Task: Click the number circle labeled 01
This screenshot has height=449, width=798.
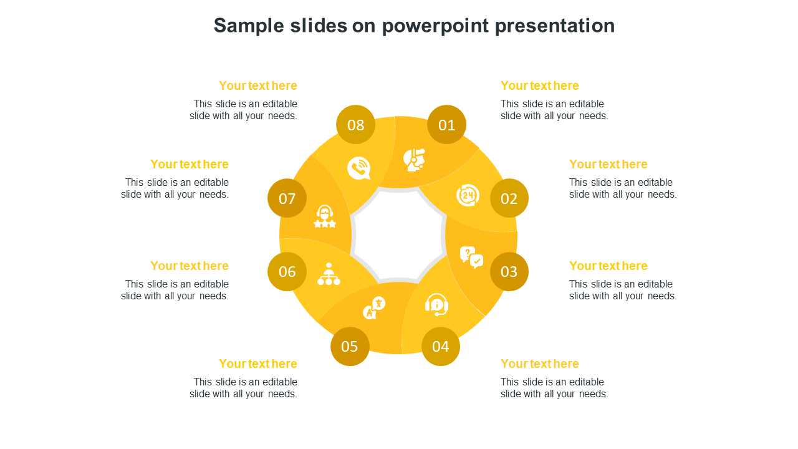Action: pyautogui.click(x=446, y=125)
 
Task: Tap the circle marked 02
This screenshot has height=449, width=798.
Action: pyautogui.click(x=509, y=198)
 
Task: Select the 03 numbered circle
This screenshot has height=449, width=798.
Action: pyautogui.click(x=509, y=271)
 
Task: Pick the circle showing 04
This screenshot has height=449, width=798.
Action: pyautogui.click(x=441, y=346)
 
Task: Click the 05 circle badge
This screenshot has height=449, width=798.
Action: pyautogui.click(x=350, y=346)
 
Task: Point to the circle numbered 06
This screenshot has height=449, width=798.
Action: pyautogui.click(x=287, y=271)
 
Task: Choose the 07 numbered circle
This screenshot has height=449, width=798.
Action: pyautogui.click(x=287, y=198)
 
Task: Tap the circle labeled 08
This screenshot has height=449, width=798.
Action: pyautogui.click(x=355, y=125)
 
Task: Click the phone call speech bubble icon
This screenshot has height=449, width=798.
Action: pyautogui.click(x=359, y=168)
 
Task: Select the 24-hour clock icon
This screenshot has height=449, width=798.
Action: pyautogui.click(x=468, y=195)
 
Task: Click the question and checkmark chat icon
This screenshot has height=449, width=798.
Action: pyautogui.click(x=471, y=258)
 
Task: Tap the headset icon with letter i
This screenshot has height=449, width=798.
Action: pyautogui.click(x=437, y=305)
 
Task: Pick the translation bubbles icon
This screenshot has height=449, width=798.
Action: pyautogui.click(x=374, y=308)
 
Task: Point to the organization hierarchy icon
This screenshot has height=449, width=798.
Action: pyautogui.click(x=329, y=274)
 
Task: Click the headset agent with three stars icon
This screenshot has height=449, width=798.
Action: pyautogui.click(x=325, y=216)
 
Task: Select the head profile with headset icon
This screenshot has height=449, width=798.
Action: pyautogui.click(x=415, y=160)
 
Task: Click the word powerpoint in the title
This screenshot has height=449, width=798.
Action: pyautogui.click(x=435, y=26)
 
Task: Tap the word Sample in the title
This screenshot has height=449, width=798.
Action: pyautogui.click(x=249, y=26)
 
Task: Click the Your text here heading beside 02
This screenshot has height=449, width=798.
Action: pyautogui.click(x=608, y=164)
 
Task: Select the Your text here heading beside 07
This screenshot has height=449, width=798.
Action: pyautogui.click(x=190, y=164)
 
